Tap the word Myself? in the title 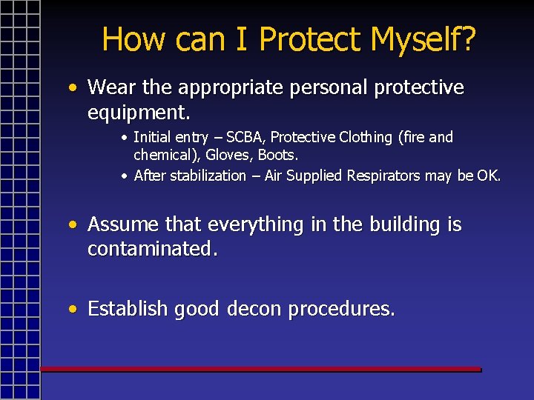pyautogui.click(x=423, y=39)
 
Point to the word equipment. pyautogui.click(x=139, y=113)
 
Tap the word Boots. pyautogui.click(x=277, y=155)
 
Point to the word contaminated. pyautogui.click(x=153, y=249)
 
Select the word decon pyautogui.click(x=253, y=309)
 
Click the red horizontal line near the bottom pyautogui.click(x=260, y=368)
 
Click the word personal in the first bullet pyautogui.click(x=329, y=87)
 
